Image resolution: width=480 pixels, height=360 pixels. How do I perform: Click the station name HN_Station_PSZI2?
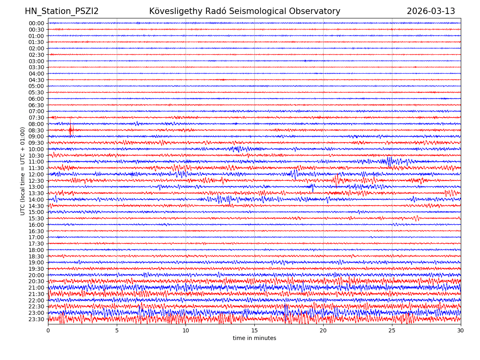click(62, 11)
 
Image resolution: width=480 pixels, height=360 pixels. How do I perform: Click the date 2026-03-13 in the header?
click(431, 11)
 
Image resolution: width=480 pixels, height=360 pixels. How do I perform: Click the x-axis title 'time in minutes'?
click(254, 338)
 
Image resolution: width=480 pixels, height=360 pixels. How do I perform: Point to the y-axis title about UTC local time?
click(23, 171)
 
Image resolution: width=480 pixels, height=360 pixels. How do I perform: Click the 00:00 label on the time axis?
click(36, 23)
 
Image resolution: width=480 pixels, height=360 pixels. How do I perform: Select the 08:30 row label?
click(36, 130)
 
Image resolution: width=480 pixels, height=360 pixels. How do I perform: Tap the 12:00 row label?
click(36, 174)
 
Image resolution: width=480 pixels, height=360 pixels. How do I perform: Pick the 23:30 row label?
click(36, 319)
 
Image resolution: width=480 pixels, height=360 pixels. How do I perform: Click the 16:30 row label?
click(36, 231)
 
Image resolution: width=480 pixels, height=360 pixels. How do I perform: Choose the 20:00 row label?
click(36, 275)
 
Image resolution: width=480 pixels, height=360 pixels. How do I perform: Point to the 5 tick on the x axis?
click(117, 330)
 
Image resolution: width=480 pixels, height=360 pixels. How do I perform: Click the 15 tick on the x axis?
click(254, 330)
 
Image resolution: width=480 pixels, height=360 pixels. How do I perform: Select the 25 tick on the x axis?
click(392, 330)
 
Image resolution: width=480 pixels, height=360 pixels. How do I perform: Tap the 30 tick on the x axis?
click(461, 330)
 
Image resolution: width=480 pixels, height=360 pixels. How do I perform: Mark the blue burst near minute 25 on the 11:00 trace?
click(389, 161)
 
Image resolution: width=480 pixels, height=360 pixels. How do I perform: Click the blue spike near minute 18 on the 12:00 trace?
click(295, 174)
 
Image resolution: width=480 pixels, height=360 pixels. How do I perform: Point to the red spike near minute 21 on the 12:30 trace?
click(337, 180)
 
